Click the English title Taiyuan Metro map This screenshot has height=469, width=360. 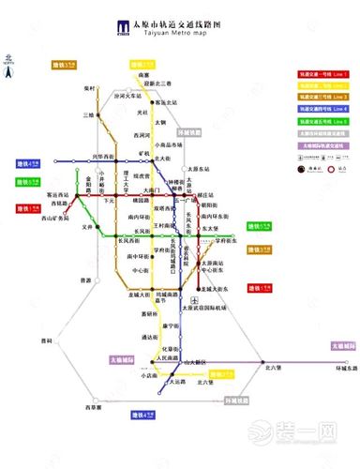pyautogui.click(x=187, y=33)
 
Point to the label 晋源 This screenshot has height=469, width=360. pyautogui.click(x=85, y=280)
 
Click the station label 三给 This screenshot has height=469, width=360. pyautogui.click(x=89, y=114)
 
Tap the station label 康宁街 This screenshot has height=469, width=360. pyautogui.click(x=171, y=325)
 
